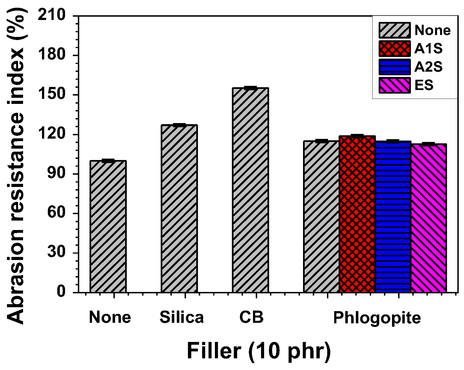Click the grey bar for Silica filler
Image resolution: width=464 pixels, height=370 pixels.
point(179,208)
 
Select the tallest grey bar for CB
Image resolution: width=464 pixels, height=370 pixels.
point(250,190)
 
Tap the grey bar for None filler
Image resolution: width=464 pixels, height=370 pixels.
point(108,226)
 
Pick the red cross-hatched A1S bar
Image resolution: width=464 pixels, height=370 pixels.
point(357,214)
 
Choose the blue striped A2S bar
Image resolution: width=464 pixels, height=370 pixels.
point(393,217)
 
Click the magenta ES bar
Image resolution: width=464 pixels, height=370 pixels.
point(428,218)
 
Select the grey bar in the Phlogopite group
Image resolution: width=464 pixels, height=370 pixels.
point(322,217)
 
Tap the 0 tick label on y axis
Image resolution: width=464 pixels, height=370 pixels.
point(61,292)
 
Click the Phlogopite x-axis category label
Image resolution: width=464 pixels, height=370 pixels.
point(377,317)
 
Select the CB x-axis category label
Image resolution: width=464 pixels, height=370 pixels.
point(251,317)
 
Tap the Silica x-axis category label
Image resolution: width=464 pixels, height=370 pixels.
point(182,317)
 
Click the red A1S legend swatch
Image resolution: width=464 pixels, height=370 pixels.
point(394,49)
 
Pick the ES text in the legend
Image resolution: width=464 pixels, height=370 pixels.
point(424,85)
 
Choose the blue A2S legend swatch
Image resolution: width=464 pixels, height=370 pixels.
point(394,67)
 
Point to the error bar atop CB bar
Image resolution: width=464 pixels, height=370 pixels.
point(250,88)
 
